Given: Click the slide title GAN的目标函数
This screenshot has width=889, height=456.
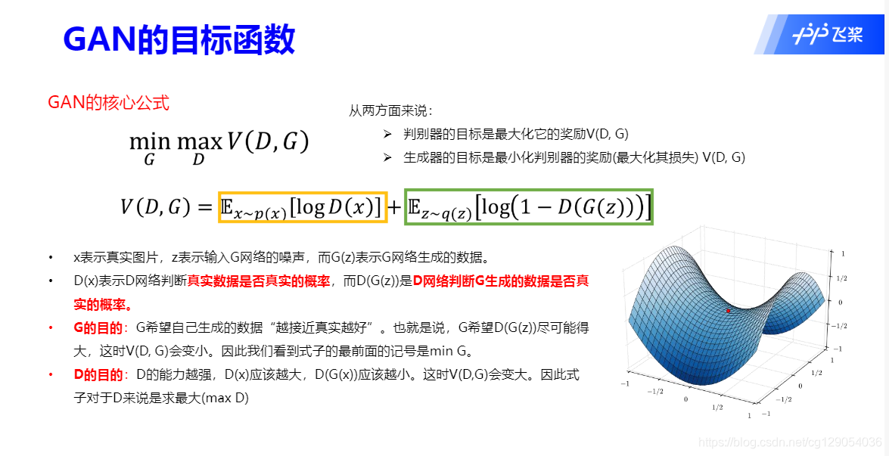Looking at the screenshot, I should pos(179,39).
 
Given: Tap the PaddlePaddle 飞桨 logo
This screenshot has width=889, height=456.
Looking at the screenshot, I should pos(828,35).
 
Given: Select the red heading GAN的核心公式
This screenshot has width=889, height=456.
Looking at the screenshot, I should pos(108,103).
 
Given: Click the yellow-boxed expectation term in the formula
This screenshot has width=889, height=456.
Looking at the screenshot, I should pos(303,206).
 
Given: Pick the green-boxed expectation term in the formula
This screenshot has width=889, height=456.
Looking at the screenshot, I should pos(529,206).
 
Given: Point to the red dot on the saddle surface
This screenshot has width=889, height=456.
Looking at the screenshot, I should pos(728,311).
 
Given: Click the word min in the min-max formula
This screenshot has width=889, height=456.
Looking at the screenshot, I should pos(149,141).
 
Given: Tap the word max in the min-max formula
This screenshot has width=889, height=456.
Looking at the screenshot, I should pos(199,141).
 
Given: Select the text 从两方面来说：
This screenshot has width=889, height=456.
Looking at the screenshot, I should pos(390,111).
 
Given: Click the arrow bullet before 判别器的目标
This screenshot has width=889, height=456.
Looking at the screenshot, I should pos(387,135).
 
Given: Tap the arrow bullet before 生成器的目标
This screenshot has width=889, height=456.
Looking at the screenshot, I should pos(387,157).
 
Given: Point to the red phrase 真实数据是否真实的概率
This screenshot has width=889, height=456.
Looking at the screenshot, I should pos(259,281).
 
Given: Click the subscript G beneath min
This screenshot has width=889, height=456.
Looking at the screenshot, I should pos(149,160).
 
